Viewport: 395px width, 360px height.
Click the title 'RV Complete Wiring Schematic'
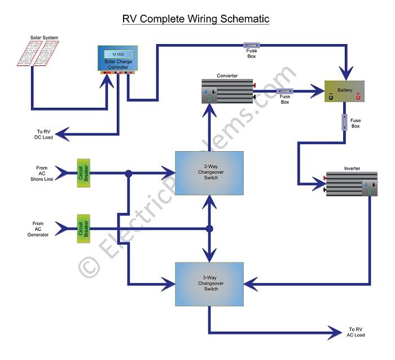pos(196,19)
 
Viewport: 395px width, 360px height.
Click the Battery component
pos(344,91)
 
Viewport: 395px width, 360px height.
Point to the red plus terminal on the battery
pos(357,96)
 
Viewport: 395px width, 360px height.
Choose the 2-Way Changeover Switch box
pos(209,173)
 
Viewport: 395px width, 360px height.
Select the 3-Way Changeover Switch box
pos(209,284)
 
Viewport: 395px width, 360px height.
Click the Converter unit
pos(228,91)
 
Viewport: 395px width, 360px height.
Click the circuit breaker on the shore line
pos(82,173)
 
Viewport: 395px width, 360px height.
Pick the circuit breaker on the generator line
pos(82,229)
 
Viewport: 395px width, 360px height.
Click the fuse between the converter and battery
pos(283,90)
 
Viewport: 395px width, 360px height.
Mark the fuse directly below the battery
pos(344,122)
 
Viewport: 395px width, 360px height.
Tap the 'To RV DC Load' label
pos(43,134)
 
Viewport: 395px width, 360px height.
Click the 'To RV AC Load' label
pos(355,332)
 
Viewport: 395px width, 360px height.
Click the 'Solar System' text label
pos(44,38)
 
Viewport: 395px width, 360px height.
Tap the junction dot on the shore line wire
pos(129,173)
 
